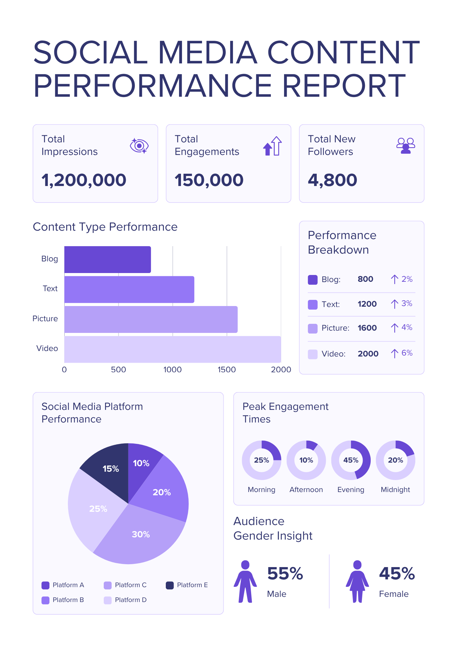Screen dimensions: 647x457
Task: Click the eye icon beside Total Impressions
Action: (139, 146)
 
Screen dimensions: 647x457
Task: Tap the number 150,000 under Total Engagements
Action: (209, 180)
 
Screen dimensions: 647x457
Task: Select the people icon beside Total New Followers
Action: (406, 146)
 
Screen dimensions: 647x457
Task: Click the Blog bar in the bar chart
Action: (107, 259)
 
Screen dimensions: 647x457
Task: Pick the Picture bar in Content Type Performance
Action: (151, 319)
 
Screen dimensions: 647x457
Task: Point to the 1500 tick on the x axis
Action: (227, 369)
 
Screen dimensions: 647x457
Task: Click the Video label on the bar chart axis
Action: (47, 348)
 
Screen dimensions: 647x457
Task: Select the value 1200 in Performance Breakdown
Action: (367, 304)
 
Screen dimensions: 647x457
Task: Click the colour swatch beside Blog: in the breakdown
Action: (313, 280)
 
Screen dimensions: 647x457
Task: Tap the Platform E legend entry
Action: (187, 585)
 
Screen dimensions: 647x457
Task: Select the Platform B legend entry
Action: (63, 600)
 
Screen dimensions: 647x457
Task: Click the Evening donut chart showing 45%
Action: (351, 460)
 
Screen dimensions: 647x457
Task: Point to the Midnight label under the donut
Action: (395, 490)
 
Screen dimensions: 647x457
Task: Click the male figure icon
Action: (245, 581)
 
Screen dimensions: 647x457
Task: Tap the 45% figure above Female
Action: (397, 574)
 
